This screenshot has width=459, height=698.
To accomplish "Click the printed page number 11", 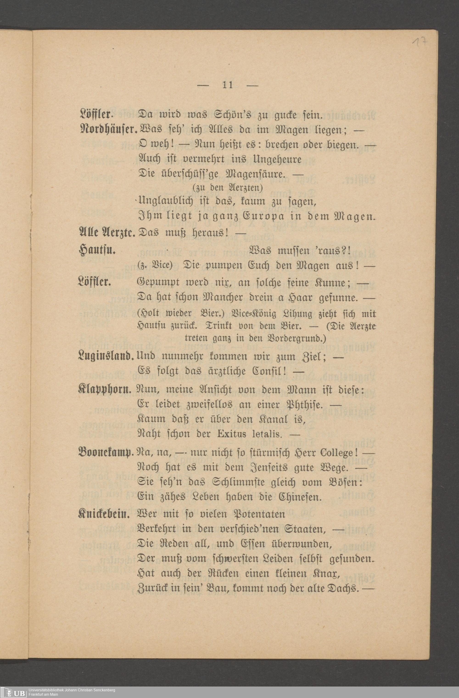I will [228, 85].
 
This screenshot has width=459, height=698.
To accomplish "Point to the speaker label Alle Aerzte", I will [107, 233].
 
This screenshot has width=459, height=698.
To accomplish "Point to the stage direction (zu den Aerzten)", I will [227, 187].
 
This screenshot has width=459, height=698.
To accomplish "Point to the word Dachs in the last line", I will [343, 588].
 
